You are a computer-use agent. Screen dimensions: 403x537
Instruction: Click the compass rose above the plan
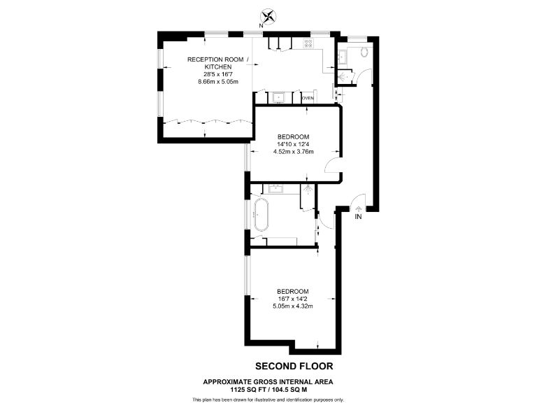[268, 15]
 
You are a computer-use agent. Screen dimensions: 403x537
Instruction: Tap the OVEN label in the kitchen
[308, 99]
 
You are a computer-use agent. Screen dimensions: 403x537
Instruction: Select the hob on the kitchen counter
[308, 43]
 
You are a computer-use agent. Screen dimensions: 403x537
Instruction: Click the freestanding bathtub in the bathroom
[262, 214]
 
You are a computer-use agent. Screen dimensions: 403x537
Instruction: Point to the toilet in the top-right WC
[364, 53]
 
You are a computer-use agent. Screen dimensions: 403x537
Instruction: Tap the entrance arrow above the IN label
[359, 207]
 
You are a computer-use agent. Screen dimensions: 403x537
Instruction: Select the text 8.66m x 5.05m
[217, 81]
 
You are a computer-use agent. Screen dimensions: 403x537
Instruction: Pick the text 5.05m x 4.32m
[293, 306]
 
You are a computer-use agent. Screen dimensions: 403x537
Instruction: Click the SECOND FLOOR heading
[294, 366]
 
